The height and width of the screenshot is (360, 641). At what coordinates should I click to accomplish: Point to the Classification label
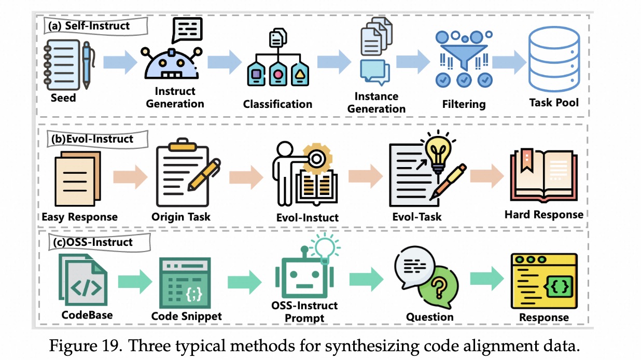277,104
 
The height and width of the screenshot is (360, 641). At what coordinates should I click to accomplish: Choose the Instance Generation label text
377,102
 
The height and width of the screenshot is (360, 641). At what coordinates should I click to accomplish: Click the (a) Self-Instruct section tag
89,25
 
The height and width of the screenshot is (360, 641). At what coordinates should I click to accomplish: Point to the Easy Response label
79,217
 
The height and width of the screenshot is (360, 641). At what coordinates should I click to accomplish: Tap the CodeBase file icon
85,281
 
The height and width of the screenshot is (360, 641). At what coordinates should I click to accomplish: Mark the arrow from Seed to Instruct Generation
120,63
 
